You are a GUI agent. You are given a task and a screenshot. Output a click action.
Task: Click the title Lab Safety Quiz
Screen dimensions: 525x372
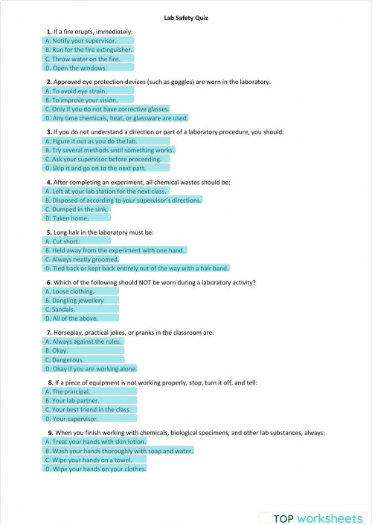coord(186,18)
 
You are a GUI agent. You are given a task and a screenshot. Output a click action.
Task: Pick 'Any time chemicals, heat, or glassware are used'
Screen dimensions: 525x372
coord(117,117)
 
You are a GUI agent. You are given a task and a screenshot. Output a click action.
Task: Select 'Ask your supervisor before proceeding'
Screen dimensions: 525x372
coord(103,159)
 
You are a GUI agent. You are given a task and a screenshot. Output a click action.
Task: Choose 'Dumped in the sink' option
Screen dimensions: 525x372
coord(77,209)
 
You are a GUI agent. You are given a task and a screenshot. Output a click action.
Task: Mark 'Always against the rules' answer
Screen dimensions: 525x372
coord(83,342)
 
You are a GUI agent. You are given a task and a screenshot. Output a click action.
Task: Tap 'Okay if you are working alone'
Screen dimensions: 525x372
coord(91,368)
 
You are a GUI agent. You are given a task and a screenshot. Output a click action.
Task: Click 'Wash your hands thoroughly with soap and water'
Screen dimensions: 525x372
coord(120,451)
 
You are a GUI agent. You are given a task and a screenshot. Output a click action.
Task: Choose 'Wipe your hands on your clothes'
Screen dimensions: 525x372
coord(95,469)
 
